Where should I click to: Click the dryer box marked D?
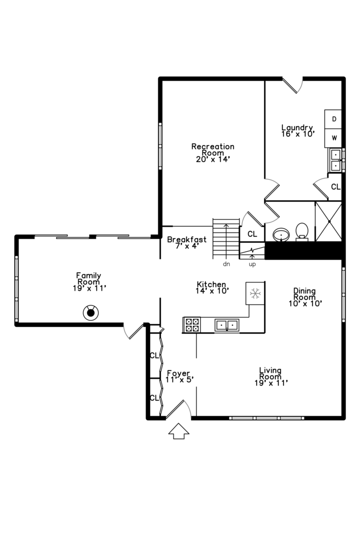tap(334, 119)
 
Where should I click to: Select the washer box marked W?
tap(334, 137)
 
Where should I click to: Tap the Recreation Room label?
tap(212, 152)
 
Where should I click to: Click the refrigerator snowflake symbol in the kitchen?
tap(255, 293)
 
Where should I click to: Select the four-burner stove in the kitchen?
tap(192, 325)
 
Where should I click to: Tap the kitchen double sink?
tap(227, 325)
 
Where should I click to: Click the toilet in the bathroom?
tap(302, 232)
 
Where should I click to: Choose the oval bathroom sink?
tap(281, 234)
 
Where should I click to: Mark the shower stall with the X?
tap(328, 221)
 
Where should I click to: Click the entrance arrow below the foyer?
tap(178, 430)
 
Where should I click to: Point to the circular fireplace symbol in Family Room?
tap(90, 313)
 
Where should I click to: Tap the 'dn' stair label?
tap(226, 263)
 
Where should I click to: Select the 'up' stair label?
tap(252, 263)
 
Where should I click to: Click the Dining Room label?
tap(304, 296)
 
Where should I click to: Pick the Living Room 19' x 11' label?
tap(270, 376)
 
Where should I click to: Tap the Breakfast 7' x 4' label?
tap(186, 242)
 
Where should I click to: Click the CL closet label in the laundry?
tap(335, 186)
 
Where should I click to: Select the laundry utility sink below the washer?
tap(334, 159)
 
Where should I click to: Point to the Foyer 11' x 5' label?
tap(179, 376)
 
